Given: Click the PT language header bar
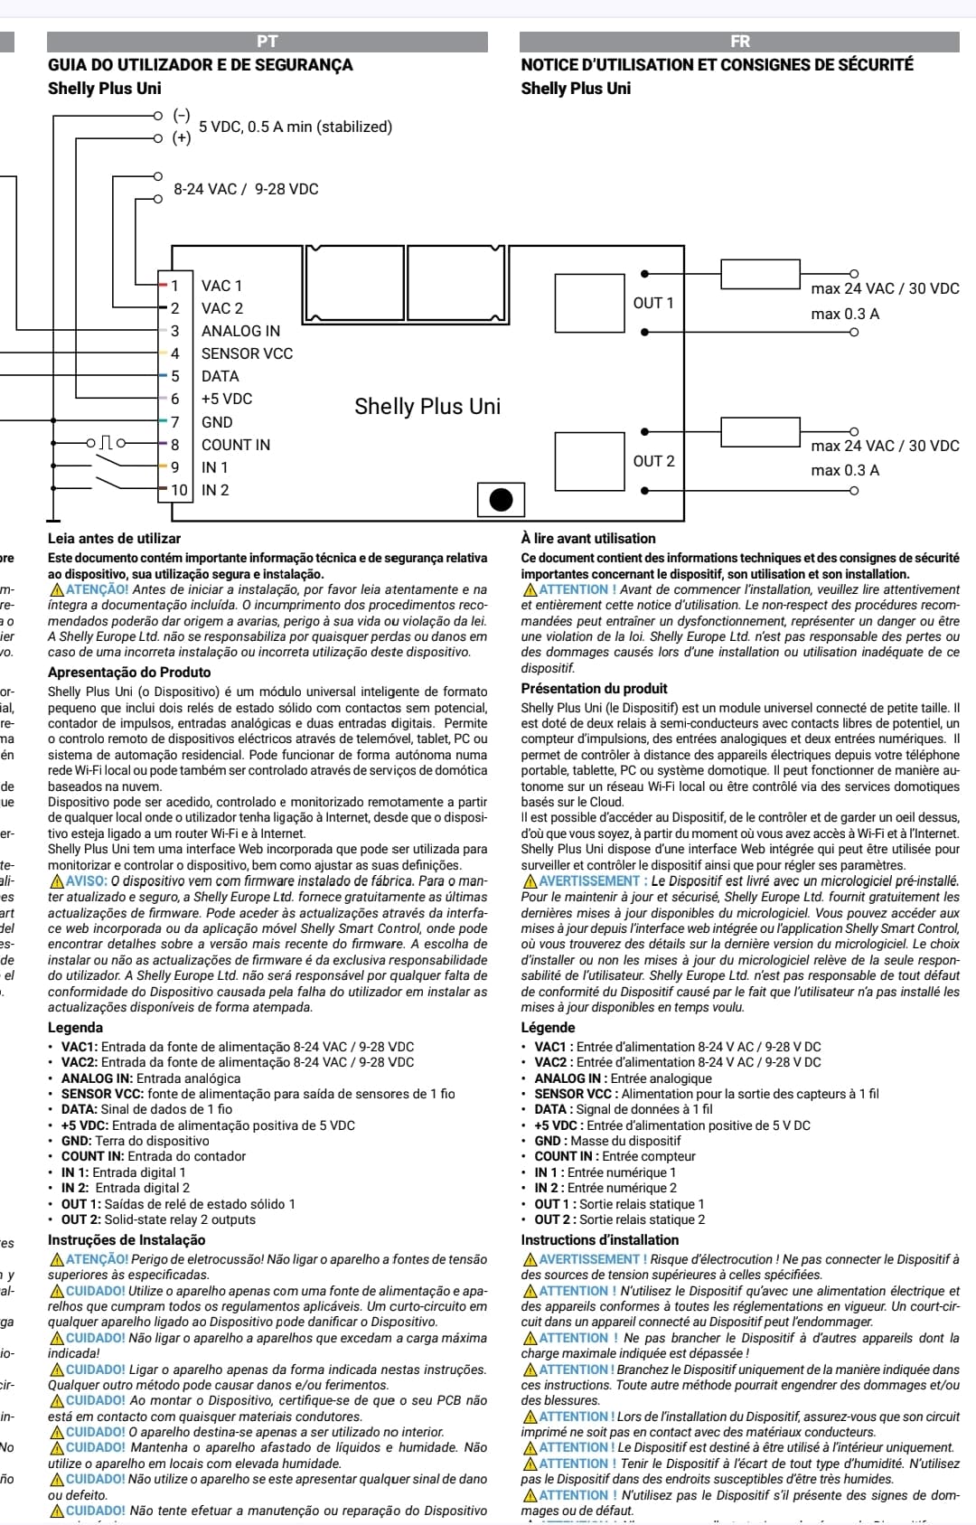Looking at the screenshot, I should (x=267, y=42).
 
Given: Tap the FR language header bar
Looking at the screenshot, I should (x=739, y=42).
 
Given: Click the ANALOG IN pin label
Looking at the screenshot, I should (x=240, y=331).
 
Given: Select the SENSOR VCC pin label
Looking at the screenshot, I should (x=247, y=353).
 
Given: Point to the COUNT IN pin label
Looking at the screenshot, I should (x=236, y=445).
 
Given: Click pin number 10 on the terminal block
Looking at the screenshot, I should (x=179, y=490).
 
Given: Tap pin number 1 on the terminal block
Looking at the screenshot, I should (x=175, y=286).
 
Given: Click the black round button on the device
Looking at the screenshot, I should (x=501, y=499).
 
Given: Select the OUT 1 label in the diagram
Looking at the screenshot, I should (x=653, y=303).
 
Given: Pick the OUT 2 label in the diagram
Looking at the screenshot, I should (x=653, y=461).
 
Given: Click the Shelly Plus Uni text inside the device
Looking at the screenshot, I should (x=427, y=407).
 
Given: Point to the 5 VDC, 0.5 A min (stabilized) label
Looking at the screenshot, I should (x=296, y=127).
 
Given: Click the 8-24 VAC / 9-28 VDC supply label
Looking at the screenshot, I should (x=246, y=189).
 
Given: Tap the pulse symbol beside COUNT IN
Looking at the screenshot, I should (x=106, y=443).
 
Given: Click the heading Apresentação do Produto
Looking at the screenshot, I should (x=129, y=673).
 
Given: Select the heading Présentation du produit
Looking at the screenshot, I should (x=594, y=689).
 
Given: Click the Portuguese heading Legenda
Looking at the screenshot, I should (x=75, y=1028).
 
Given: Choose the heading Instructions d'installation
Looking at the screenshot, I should (x=599, y=1240).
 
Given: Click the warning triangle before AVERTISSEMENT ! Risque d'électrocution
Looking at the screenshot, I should (x=530, y=1259).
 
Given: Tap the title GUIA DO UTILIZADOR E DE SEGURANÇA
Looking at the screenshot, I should (x=201, y=65).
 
